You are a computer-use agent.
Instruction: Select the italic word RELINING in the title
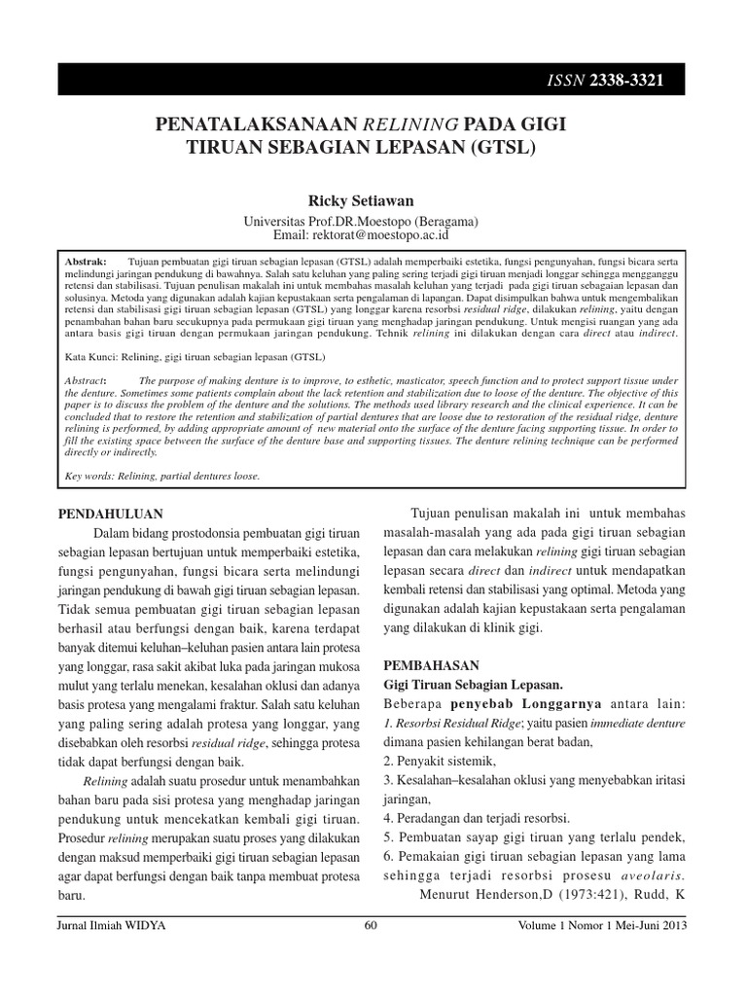408,125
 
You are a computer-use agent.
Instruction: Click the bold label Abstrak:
85,263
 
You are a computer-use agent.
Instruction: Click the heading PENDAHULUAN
110,513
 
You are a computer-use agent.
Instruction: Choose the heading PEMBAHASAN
432,665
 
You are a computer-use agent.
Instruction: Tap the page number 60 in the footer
370,926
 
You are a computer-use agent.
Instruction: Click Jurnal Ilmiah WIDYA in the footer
112,926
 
